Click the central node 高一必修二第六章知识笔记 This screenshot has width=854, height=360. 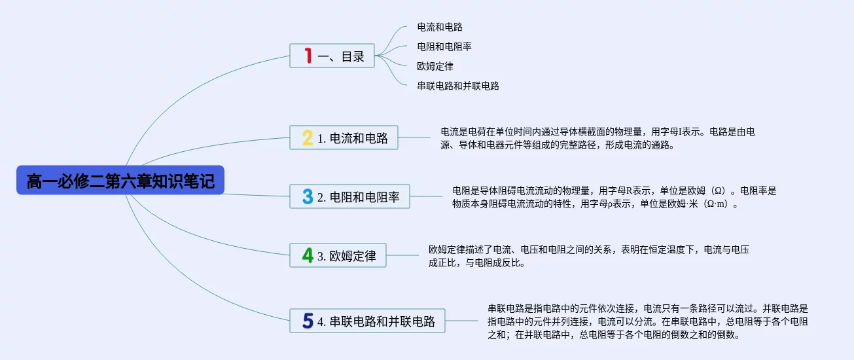120,180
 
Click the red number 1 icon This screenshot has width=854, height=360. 308,56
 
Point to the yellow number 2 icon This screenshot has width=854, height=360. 307,138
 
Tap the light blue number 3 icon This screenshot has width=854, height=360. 307,196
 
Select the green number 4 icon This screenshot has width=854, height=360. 307,255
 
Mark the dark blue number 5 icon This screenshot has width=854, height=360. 308,321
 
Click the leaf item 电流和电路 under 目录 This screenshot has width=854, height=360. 440,27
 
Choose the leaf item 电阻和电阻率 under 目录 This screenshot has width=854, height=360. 444,46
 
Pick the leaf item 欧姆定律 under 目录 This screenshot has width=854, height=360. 435,66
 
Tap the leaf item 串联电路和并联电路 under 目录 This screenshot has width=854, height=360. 458,86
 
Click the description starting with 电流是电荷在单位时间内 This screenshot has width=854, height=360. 597,138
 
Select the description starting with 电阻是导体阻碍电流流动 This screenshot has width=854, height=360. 614,197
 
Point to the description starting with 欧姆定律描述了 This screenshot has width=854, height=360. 588,256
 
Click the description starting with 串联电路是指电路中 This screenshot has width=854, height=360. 648,321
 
